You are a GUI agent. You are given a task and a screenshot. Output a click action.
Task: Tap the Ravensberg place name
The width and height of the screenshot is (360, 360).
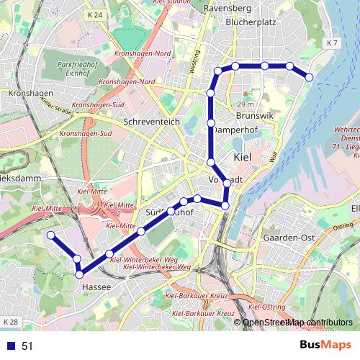(228, 8)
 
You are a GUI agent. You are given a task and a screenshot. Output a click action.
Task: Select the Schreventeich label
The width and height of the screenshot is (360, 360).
(152, 122)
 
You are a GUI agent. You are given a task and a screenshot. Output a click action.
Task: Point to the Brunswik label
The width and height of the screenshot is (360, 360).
(255, 115)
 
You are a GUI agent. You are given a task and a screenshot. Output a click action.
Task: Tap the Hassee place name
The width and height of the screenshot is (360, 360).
(96, 287)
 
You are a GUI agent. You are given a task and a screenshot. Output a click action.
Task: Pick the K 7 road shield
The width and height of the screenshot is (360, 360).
(331, 44)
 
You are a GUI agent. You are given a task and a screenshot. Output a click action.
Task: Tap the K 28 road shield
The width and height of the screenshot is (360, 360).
(9, 321)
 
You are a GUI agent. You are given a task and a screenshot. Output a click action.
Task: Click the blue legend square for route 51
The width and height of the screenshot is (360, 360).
(8, 346)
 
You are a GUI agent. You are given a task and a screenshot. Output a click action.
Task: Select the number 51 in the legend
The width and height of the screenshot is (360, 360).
(27, 346)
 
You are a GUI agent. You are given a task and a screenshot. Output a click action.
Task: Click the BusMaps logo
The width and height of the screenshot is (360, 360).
(325, 345)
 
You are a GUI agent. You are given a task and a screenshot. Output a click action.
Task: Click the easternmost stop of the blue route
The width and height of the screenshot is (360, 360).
(310, 76)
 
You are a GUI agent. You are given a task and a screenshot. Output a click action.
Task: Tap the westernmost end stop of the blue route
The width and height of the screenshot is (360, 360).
(50, 235)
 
